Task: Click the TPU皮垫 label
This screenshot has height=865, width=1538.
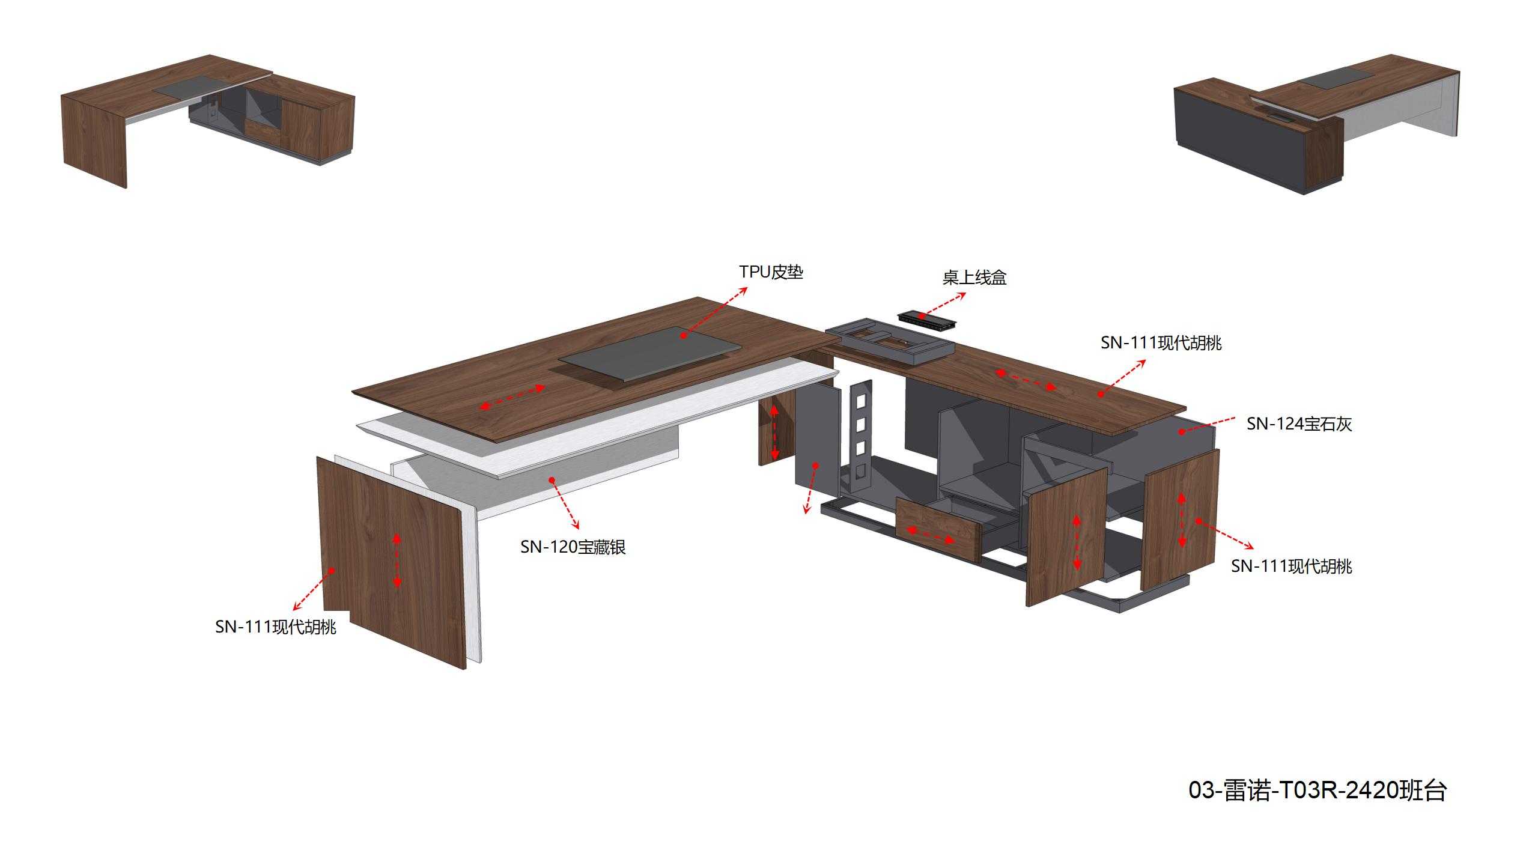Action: [x=771, y=272]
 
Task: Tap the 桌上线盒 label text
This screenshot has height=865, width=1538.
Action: [x=974, y=278]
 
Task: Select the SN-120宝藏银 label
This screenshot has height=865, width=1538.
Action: [x=573, y=547]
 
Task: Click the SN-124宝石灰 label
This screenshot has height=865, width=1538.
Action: [x=1299, y=424]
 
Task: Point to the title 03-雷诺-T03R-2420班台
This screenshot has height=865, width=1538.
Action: [x=1318, y=790]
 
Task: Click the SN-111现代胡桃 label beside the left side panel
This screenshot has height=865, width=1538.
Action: [x=276, y=627]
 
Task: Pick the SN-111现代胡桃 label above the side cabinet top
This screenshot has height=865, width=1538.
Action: [x=1161, y=343]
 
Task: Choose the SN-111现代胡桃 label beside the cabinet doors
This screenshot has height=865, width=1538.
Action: [x=1292, y=566]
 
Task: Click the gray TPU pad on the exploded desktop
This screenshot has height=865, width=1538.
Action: [x=649, y=354]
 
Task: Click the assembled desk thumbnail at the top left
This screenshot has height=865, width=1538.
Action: [x=208, y=121]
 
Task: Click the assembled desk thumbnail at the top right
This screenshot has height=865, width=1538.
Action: [x=1317, y=124]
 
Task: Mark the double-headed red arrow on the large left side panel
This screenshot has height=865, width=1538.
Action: [x=397, y=560]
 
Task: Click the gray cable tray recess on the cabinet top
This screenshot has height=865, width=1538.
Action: [x=890, y=342]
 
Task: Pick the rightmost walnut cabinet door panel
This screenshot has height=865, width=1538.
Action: [x=1179, y=520]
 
